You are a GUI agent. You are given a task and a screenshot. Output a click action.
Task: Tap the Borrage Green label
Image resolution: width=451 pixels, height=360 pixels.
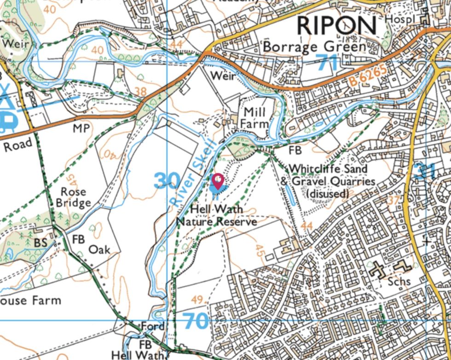click(x=314, y=47)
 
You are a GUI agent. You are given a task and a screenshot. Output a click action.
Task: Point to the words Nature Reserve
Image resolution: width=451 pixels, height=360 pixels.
click(x=217, y=222)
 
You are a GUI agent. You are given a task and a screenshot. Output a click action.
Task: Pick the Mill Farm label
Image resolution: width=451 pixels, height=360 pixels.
click(x=255, y=117)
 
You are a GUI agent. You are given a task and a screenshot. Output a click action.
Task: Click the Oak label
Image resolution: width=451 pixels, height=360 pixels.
click(x=99, y=249)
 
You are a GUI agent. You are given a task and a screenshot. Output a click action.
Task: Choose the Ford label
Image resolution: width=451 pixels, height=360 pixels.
click(x=152, y=326)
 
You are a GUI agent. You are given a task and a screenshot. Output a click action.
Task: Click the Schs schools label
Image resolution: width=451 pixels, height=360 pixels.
click(x=399, y=281)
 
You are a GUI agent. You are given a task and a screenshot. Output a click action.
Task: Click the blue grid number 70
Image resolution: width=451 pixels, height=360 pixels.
click(x=196, y=320)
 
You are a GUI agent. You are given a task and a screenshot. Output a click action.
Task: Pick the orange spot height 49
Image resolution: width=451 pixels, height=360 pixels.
click(x=197, y=301)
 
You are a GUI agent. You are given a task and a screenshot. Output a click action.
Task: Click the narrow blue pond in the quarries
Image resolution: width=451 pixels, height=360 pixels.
click(x=289, y=196)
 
